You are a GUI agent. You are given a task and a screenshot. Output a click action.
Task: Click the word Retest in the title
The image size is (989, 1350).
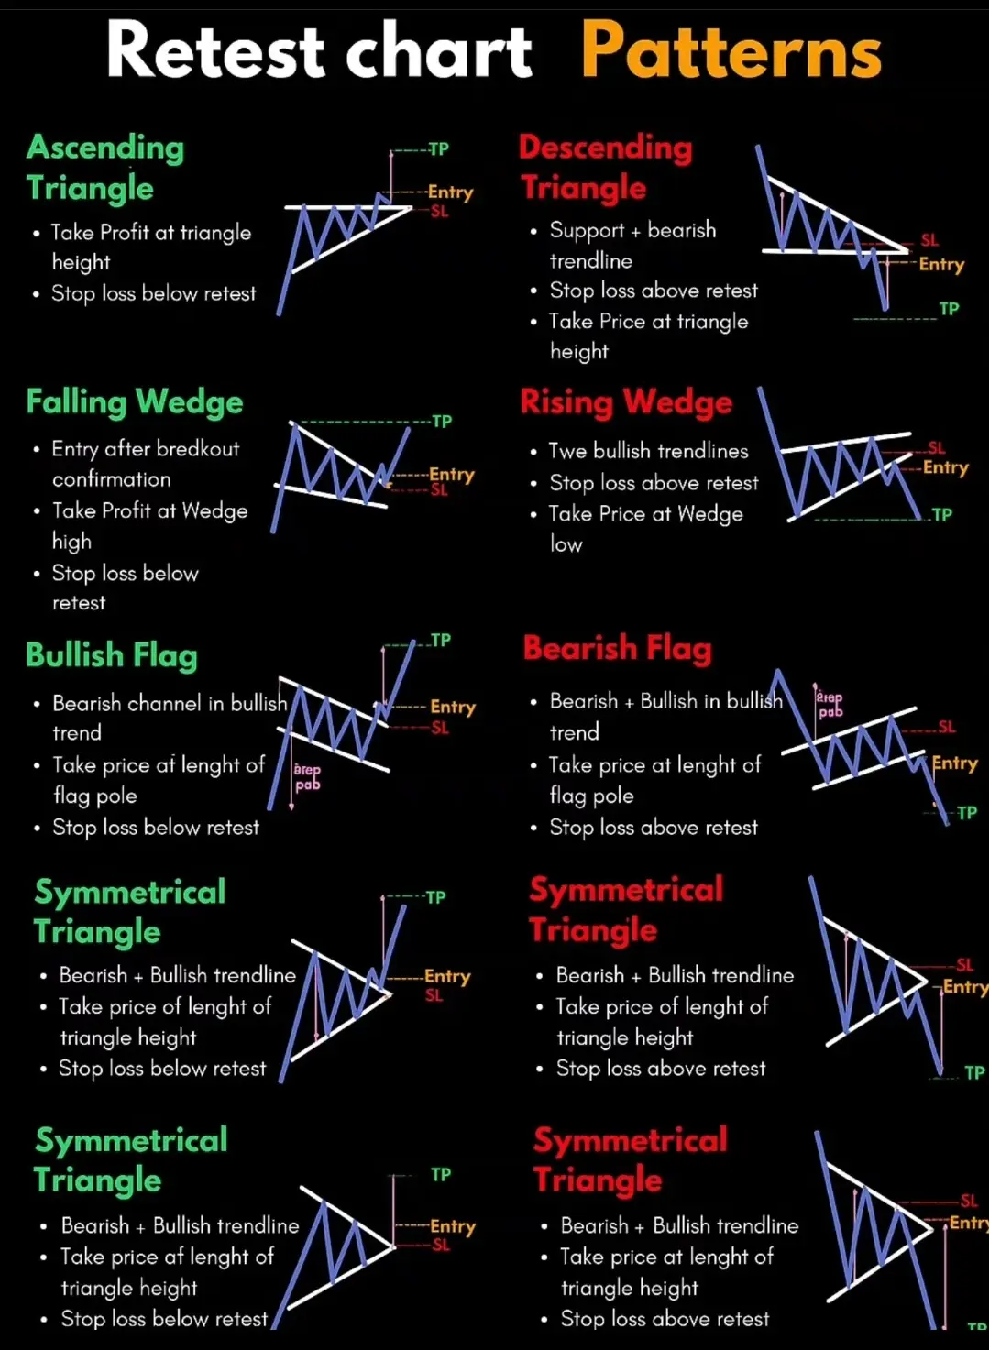[x=215, y=51]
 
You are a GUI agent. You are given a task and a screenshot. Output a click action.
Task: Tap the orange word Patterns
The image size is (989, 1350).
[x=731, y=51]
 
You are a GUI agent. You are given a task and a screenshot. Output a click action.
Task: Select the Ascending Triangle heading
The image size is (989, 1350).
[x=104, y=167]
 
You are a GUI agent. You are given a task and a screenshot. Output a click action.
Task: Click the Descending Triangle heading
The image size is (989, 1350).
[x=605, y=167]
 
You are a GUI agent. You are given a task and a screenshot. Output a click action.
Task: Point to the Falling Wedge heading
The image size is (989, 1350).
[x=135, y=401]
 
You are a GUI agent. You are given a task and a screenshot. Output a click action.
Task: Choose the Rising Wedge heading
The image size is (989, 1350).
[x=626, y=401]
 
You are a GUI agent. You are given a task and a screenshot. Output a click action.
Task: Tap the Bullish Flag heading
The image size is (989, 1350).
[x=111, y=655]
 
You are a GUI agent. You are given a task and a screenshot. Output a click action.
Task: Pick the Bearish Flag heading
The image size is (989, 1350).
[x=617, y=648]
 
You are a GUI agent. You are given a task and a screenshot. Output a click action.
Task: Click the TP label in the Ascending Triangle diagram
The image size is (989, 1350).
[x=439, y=148]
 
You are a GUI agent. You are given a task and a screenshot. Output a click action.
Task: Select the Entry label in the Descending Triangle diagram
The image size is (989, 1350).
[x=941, y=264]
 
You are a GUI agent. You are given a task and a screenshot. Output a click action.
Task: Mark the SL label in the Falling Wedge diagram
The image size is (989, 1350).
[x=439, y=490]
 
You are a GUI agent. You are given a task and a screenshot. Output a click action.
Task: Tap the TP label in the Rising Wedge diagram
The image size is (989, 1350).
[x=942, y=515]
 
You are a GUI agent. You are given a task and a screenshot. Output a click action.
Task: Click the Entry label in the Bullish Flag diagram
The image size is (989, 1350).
[x=453, y=707]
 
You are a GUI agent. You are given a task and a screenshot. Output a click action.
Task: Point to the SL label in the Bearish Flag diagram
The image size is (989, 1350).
[x=947, y=727]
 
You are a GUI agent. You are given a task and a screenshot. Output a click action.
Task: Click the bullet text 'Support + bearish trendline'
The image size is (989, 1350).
[x=632, y=245]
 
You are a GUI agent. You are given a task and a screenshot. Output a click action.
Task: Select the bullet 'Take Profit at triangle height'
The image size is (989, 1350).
[x=151, y=247]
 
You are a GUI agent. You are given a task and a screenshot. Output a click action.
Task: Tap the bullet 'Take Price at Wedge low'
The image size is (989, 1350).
[x=645, y=528]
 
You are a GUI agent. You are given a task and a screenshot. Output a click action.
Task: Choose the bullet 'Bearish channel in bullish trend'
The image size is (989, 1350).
[x=170, y=717]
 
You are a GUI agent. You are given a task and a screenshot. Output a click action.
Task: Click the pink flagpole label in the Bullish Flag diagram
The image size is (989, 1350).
[x=307, y=777]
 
